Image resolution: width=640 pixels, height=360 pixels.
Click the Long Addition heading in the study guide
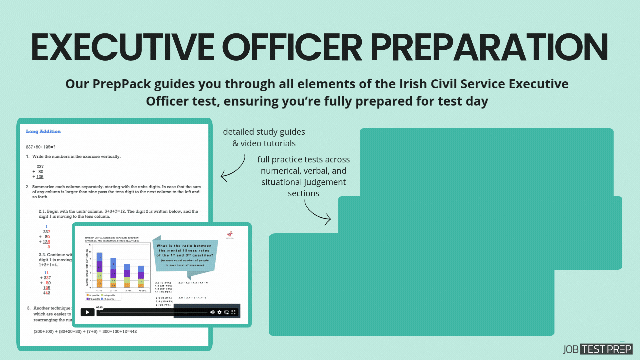click(43, 131)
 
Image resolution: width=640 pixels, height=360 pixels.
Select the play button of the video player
click(87, 312)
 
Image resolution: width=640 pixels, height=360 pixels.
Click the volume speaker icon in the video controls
click(212, 312)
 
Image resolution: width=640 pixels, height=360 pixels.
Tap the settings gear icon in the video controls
click(219, 312)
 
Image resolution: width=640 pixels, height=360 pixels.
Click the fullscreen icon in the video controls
click(234, 312)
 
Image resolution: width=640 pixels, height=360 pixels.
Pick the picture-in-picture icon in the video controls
click(227, 312)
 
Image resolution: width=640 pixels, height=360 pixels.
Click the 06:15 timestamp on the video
click(99, 307)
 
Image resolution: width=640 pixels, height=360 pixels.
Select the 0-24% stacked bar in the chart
click(99, 270)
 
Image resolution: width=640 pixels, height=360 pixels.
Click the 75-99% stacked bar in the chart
click(141, 277)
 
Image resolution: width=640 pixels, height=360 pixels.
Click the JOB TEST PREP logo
click(598, 349)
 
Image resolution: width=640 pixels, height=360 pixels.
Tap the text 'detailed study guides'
click(264, 132)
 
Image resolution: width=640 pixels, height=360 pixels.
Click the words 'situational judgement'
click(303, 182)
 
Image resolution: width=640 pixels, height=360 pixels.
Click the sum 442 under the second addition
click(47, 293)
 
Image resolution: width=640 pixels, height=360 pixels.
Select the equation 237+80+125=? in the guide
click(41, 147)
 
